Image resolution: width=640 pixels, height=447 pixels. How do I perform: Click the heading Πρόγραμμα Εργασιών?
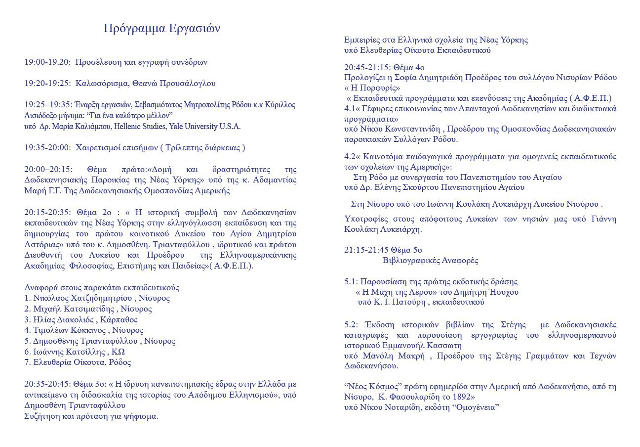(x=162, y=29)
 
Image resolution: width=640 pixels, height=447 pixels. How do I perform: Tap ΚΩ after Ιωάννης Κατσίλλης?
(x=119, y=351)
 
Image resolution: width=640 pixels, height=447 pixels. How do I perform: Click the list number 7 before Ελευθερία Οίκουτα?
(x=27, y=362)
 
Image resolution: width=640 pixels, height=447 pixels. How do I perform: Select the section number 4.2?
(x=350, y=157)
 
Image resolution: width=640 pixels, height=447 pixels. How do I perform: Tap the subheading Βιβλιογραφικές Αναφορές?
(x=431, y=261)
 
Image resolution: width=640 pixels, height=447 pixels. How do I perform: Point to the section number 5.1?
(x=350, y=282)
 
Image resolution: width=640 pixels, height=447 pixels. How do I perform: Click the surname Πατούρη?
(x=408, y=302)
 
